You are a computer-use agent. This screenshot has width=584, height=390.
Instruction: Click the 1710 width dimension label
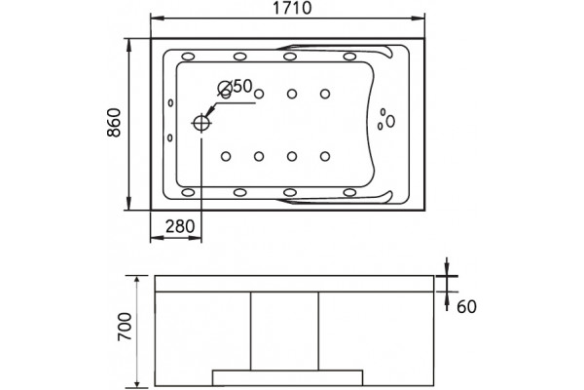tap(292, 8)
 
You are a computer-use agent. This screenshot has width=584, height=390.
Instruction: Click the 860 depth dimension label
tap(114, 123)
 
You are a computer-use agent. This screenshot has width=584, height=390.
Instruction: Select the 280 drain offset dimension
tap(180, 226)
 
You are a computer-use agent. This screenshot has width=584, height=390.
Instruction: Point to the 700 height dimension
tap(125, 327)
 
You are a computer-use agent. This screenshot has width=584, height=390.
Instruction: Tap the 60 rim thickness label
tap(466, 307)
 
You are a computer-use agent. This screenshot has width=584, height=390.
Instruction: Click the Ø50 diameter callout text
tap(236, 86)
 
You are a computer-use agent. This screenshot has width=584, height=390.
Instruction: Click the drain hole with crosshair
tap(201, 123)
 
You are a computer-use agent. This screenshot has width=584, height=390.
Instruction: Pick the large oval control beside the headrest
tap(390, 121)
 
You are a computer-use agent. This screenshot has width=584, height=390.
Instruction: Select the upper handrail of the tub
tap(335, 50)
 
